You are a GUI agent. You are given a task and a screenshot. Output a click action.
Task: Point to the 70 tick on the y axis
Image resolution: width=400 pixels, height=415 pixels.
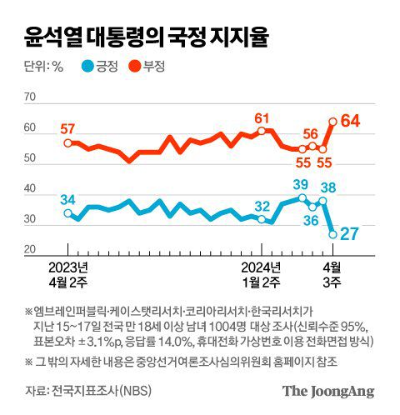point(29,97)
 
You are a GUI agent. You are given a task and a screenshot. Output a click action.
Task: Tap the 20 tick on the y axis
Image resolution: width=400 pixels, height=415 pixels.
point(29,250)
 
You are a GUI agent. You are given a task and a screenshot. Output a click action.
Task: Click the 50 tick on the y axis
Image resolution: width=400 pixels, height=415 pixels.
point(29,158)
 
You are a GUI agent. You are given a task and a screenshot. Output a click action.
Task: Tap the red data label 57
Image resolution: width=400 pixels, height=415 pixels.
point(67,128)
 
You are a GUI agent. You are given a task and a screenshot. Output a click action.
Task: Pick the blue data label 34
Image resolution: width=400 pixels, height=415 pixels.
point(67,198)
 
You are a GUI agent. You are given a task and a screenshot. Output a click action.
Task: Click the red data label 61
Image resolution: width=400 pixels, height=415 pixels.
point(262,117)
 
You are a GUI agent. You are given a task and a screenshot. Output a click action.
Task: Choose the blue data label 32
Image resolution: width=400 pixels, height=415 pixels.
point(262,206)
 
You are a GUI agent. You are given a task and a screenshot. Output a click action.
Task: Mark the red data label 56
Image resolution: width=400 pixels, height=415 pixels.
point(311,133)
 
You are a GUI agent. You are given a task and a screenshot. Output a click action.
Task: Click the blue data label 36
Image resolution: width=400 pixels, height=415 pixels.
point(311,221)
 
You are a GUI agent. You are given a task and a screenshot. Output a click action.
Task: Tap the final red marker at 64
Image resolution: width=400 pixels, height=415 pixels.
point(332,121)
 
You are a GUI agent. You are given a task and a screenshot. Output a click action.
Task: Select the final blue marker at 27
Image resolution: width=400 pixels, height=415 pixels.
point(332,234)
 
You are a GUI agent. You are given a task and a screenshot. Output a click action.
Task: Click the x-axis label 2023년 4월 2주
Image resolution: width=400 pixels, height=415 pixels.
point(69,273)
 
